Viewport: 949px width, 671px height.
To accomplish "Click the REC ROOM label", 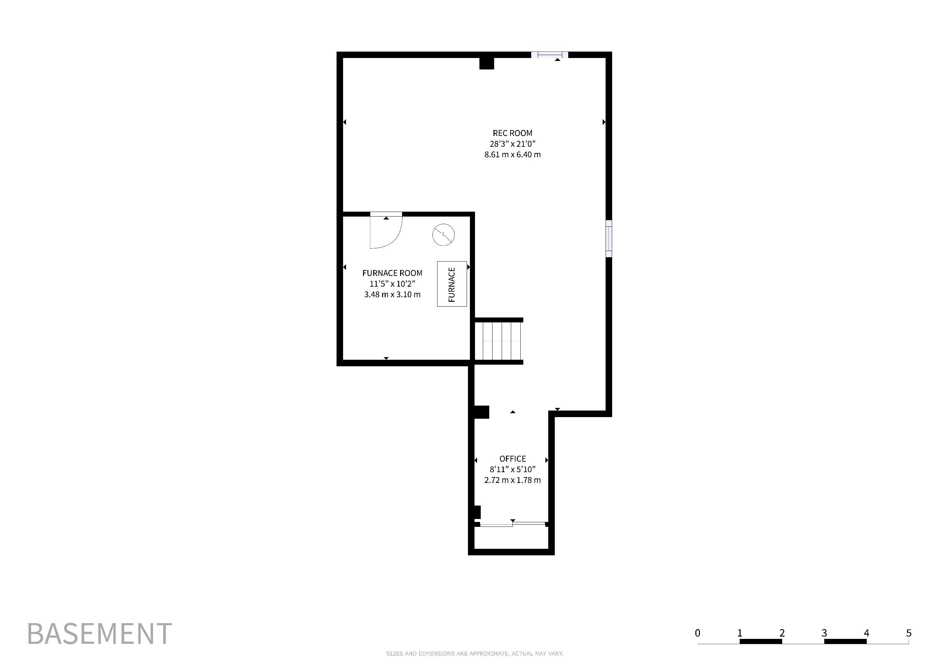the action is click(513, 133).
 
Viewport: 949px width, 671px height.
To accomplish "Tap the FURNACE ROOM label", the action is click(392, 273).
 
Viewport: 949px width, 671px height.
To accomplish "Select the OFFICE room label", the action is click(513, 459).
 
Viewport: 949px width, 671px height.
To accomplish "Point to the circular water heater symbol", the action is click(443, 235).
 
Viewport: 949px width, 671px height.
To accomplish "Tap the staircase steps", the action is click(499, 341).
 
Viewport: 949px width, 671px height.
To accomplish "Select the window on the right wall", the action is click(609, 239).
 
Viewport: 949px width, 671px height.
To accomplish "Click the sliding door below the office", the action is click(513, 524).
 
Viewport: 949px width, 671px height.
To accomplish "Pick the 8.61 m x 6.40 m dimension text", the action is click(513, 155).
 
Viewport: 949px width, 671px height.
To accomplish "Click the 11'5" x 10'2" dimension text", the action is click(392, 284).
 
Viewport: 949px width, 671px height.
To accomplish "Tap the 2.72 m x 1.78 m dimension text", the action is click(513, 480).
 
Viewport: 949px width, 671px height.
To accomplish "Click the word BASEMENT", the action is click(100, 633).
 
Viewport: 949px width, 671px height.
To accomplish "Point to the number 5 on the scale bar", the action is click(908, 633).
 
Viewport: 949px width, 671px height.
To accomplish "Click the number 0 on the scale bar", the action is click(698, 633).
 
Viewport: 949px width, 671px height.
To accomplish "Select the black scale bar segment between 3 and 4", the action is click(845, 641).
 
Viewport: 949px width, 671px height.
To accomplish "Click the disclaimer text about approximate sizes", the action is click(474, 654).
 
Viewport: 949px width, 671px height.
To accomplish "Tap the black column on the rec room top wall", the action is click(487, 63).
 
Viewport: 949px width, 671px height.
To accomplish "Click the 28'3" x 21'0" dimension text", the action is click(513, 144).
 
